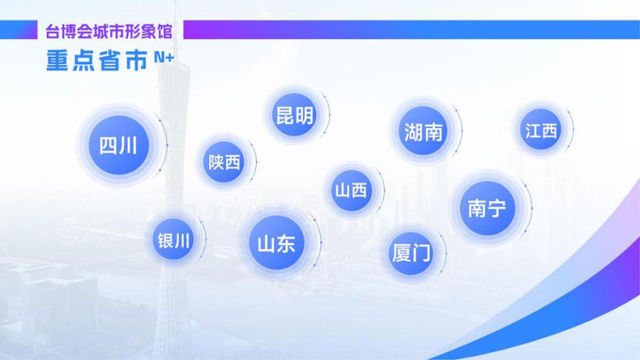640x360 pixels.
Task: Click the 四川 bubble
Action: [119, 145]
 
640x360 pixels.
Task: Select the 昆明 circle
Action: [294, 114]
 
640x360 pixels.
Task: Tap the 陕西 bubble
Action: [224, 162]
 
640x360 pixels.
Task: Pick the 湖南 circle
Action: [423, 131]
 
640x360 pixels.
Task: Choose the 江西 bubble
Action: [541, 131]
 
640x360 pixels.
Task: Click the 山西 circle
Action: [352, 190]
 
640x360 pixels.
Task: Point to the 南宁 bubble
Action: [487, 208]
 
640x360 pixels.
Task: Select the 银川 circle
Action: [173, 240]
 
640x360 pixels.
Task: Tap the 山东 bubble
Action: [276, 243]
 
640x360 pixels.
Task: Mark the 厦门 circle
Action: [411, 253]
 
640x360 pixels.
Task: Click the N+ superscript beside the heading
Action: [164, 57]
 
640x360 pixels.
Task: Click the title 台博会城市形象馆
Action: [108, 32]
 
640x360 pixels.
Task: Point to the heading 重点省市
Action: [96, 61]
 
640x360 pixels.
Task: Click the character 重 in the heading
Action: [56, 61]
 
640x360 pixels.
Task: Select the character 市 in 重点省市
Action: [137, 61]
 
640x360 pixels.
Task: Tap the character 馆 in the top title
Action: [165, 32]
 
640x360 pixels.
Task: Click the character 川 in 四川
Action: [129, 146]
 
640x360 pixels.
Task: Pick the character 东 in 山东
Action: [287, 244]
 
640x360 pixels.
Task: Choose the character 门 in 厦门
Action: [422, 253]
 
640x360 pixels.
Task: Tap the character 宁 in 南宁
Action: [497, 208]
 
